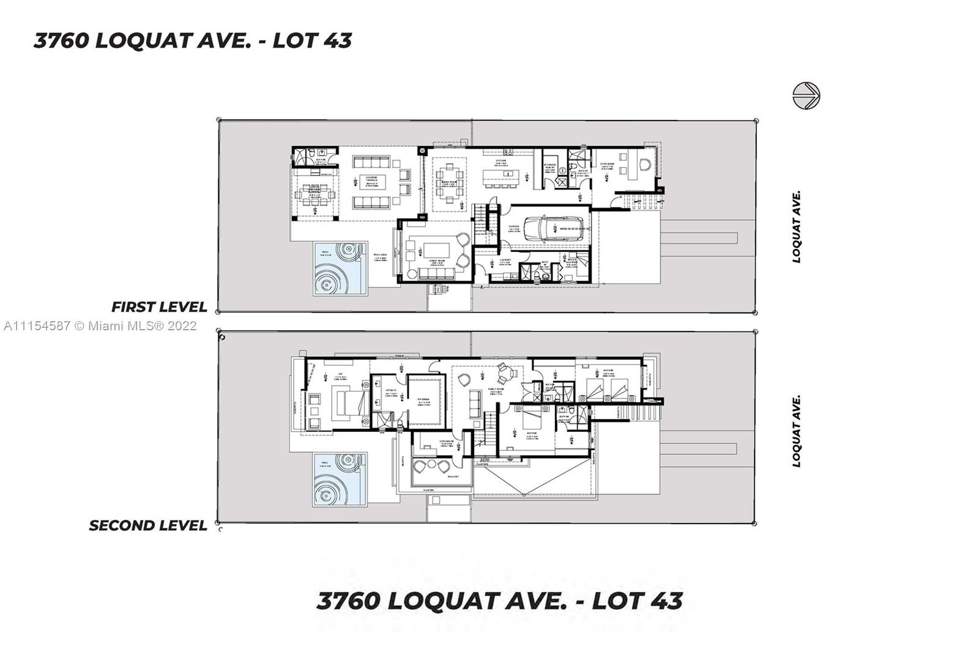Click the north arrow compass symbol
[806, 96]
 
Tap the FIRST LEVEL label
[159, 306]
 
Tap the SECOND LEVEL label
[148, 525]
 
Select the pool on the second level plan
[340, 480]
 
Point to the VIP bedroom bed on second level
[350, 402]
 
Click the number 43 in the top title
[337, 40]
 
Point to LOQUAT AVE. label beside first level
[796, 227]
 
